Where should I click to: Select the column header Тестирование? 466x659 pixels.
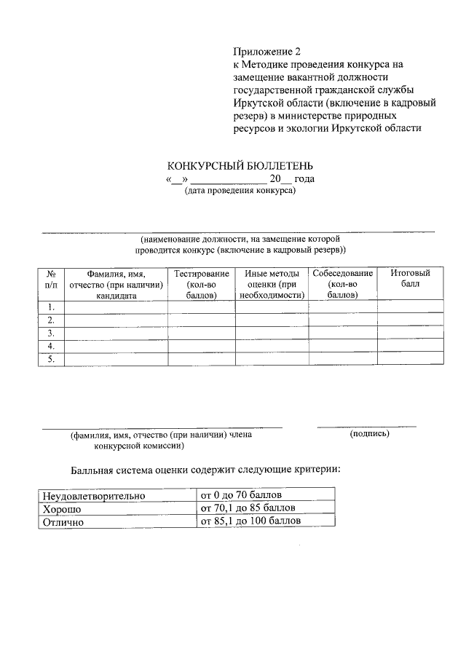click(201, 285)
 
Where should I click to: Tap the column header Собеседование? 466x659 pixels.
click(342, 285)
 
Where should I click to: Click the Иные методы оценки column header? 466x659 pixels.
click(272, 285)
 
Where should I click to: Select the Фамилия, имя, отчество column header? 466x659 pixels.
click(116, 285)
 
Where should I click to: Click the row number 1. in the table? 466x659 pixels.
click(52, 308)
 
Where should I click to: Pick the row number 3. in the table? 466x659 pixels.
click(52, 333)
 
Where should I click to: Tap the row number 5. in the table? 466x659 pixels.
click(52, 358)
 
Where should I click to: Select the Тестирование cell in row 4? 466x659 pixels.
click(201, 346)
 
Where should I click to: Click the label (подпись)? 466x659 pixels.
click(369, 434)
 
